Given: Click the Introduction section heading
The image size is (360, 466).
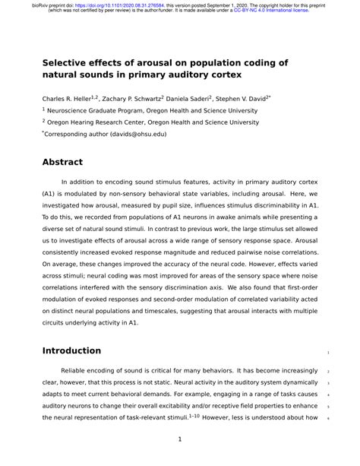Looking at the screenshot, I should pyautogui.click(x=71, y=350).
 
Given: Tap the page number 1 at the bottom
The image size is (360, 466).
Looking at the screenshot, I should pyautogui.click(x=179, y=439).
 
